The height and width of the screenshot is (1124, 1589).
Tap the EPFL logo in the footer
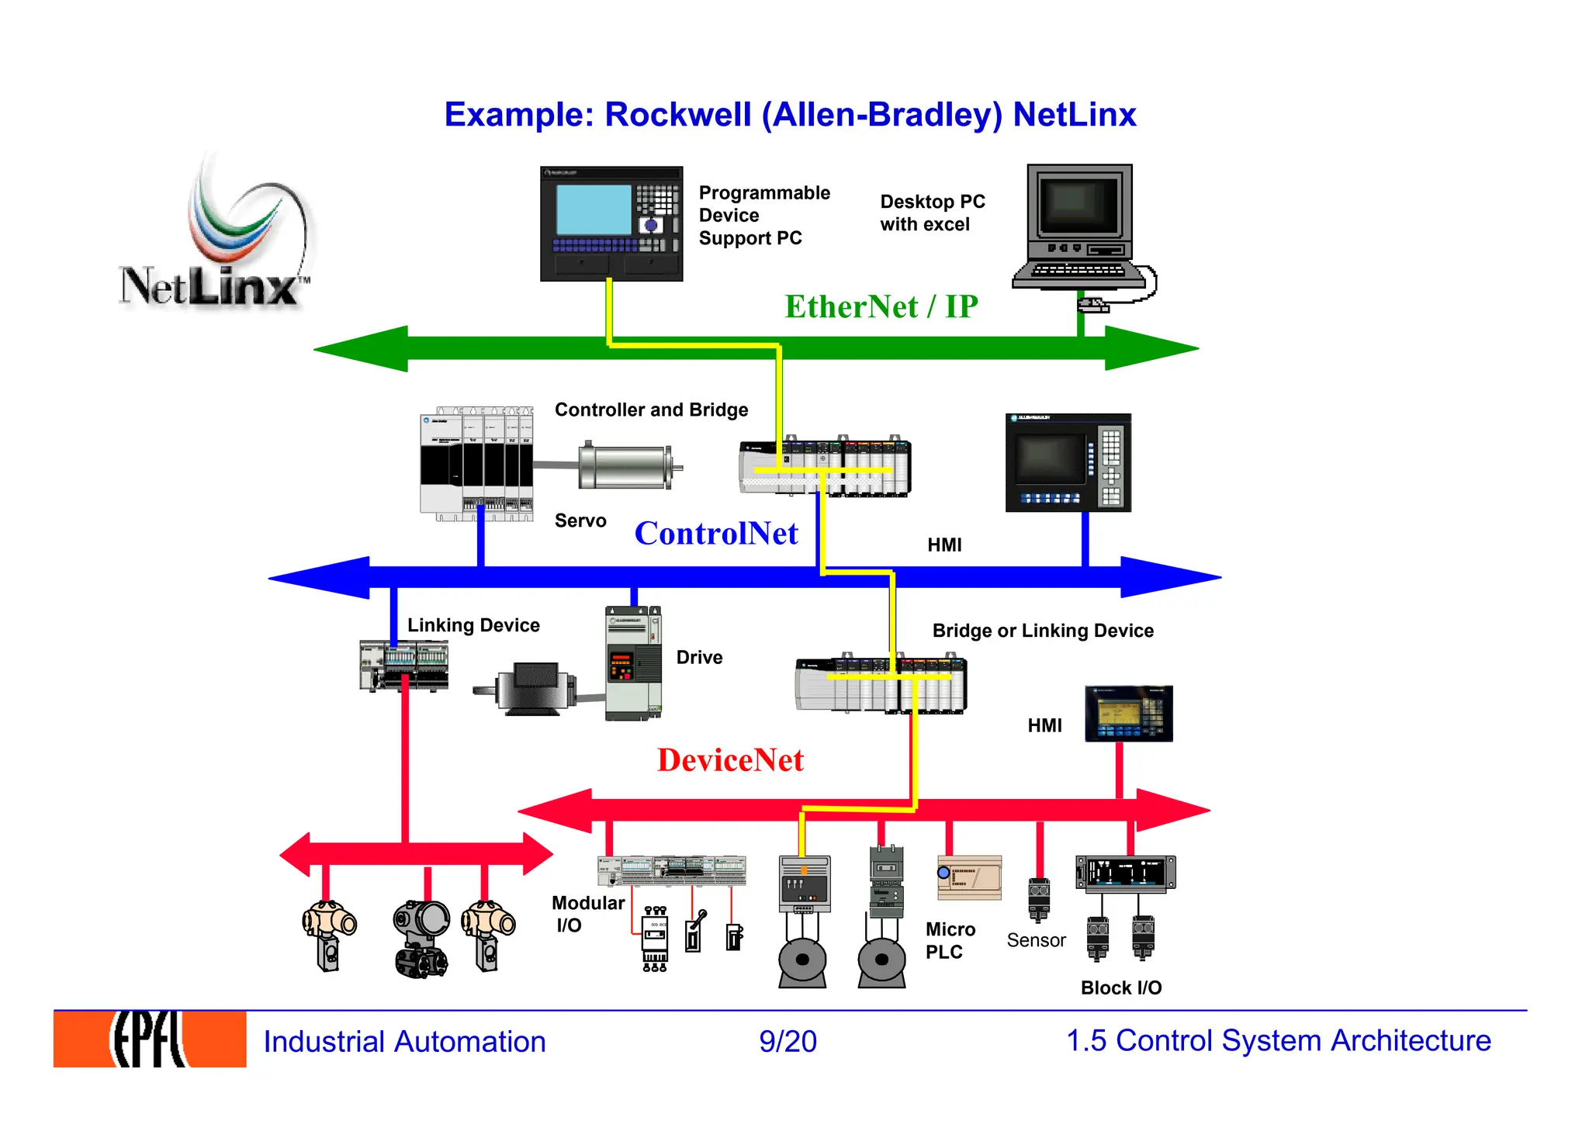[x=150, y=1039]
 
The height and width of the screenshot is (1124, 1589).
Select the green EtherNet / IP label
[x=881, y=307]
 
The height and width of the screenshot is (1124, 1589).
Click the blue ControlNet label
[x=715, y=534]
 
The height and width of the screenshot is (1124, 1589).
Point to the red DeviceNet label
[x=730, y=760]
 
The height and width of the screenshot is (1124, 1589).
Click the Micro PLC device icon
[x=969, y=878]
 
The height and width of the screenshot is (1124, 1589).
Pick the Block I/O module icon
[x=1125, y=873]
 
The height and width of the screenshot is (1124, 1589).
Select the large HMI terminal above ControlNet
[x=1068, y=463]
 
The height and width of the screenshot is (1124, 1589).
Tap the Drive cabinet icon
[x=633, y=664]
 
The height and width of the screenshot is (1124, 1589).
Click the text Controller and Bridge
[x=651, y=410]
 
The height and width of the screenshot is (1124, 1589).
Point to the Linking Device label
[x=473, y=625]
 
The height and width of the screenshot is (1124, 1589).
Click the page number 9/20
[x=788, y=1042]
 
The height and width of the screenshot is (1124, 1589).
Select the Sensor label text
[x=1036, y=940]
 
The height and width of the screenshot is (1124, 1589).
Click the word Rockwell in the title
[x=677, y=115]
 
